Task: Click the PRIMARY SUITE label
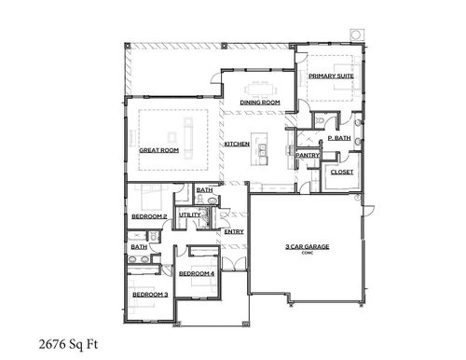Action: pyautogui.click(x=330, y=76)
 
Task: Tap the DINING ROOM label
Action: pyautogui.click(x=260, y=102)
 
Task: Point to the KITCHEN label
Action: pyautogui.click(x=235, y=145)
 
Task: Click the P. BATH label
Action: pyautogui.click(x=337, y=139)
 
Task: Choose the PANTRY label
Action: pyautogui.click(x=308, y=155)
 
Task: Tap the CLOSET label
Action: pyautogui.click(x=340, y=173)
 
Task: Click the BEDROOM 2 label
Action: pyautogui.click(x=149, y=216)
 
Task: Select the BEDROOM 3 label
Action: pyautogui.click(x=149, y=295)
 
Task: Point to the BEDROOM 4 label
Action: pyautogui.click(x=197, y=273)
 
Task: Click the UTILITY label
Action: pyautogui.click(x=189, y=215)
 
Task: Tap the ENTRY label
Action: pyautogui.click(x=234, y=231)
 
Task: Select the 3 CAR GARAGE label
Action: pyautogui.click(x=308, y=246)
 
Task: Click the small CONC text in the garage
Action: pyautogui.click(x=308, y=253)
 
